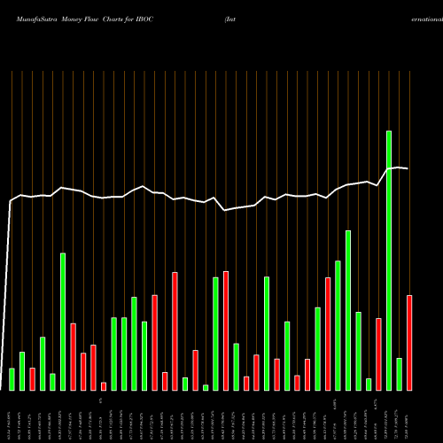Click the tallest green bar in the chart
388,260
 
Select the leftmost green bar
12,379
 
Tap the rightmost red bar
409,342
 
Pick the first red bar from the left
32,379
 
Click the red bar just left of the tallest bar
378,354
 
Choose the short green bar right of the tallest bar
399,374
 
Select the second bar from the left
22,371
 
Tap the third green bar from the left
43,363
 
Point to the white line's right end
408,168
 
